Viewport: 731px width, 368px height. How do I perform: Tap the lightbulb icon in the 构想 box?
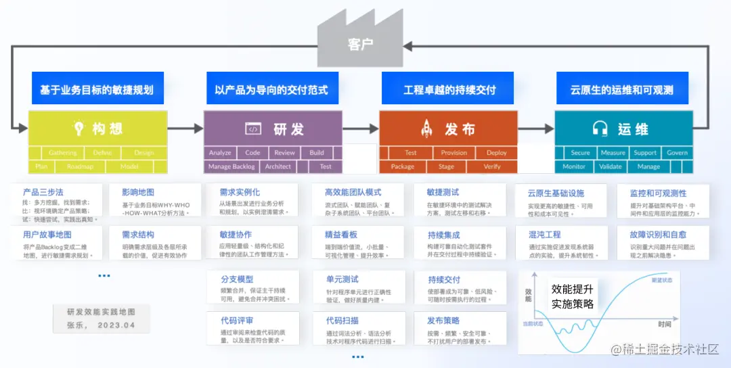79,129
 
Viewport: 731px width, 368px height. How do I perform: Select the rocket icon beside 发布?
427,129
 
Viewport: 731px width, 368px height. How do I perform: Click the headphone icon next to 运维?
600,129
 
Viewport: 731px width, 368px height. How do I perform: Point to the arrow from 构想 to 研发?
185,129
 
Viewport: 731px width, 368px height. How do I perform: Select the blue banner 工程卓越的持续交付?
449,90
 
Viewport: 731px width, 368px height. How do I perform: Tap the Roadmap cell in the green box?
80,166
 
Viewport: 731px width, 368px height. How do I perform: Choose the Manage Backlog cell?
232,166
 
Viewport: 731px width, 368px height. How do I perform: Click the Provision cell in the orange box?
453,153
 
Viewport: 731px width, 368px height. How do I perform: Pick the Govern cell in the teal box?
677,153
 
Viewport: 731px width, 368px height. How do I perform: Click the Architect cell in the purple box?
278,166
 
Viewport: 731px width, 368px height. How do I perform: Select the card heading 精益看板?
341,235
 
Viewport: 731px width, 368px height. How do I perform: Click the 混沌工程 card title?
545,235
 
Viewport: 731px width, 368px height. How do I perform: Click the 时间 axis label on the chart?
664,324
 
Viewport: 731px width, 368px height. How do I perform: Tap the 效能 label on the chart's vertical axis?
528,294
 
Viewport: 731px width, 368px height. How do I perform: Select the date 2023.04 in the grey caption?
117,325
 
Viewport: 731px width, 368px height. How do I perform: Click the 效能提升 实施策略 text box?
573,296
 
